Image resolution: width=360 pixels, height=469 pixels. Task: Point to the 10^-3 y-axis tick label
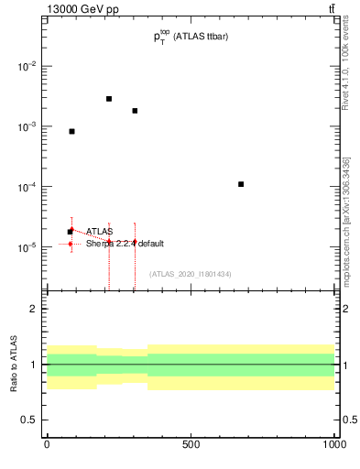26,127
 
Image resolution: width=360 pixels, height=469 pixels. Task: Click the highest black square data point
109,99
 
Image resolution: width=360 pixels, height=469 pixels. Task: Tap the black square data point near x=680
241,184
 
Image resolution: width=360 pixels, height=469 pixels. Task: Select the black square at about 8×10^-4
71,131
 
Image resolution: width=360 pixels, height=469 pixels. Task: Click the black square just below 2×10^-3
135,111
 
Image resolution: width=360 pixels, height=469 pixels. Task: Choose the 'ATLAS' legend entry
99,232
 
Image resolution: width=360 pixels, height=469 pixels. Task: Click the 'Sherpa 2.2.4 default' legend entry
125,244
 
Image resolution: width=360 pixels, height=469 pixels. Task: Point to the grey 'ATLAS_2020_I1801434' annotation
190,274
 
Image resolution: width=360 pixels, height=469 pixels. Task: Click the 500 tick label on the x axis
191,444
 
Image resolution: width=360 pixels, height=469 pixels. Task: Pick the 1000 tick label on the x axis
333,444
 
